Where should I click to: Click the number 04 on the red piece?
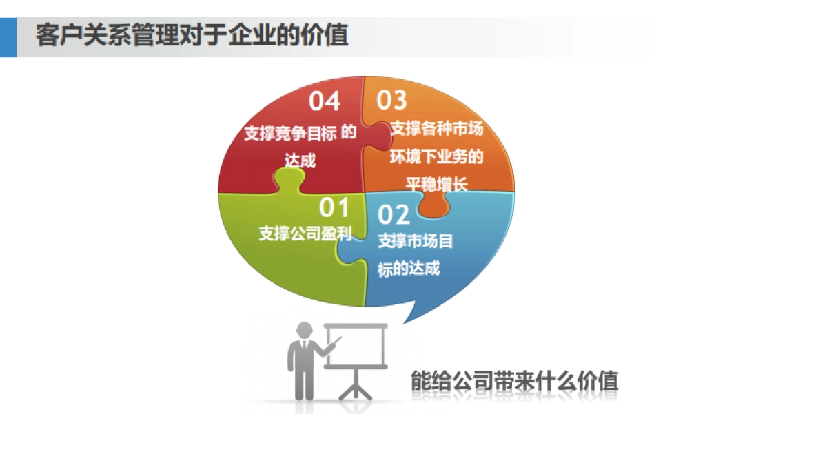click(324, 101)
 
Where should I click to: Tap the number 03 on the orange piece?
click(391, 100)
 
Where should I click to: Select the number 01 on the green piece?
click(335, 206)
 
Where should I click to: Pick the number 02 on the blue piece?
click(394, 215)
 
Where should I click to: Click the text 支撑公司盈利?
click(305, 234)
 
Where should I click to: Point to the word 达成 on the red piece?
click(300, 161)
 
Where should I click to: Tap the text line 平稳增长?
click(436, 184)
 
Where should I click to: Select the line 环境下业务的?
click(437, 156)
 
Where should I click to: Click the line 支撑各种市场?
click(437, 129)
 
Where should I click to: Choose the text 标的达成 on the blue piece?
click(408, 269)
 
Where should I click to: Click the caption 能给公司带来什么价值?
click(514, 381)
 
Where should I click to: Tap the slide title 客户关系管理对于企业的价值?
click(192, 34)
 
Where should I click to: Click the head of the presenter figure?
click(303, 330)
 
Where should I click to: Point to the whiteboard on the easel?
click(356, 344)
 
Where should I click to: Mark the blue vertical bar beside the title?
click(8, 37)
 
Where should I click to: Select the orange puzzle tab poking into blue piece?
click(432, 205)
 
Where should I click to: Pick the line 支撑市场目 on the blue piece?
click(416, 242)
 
